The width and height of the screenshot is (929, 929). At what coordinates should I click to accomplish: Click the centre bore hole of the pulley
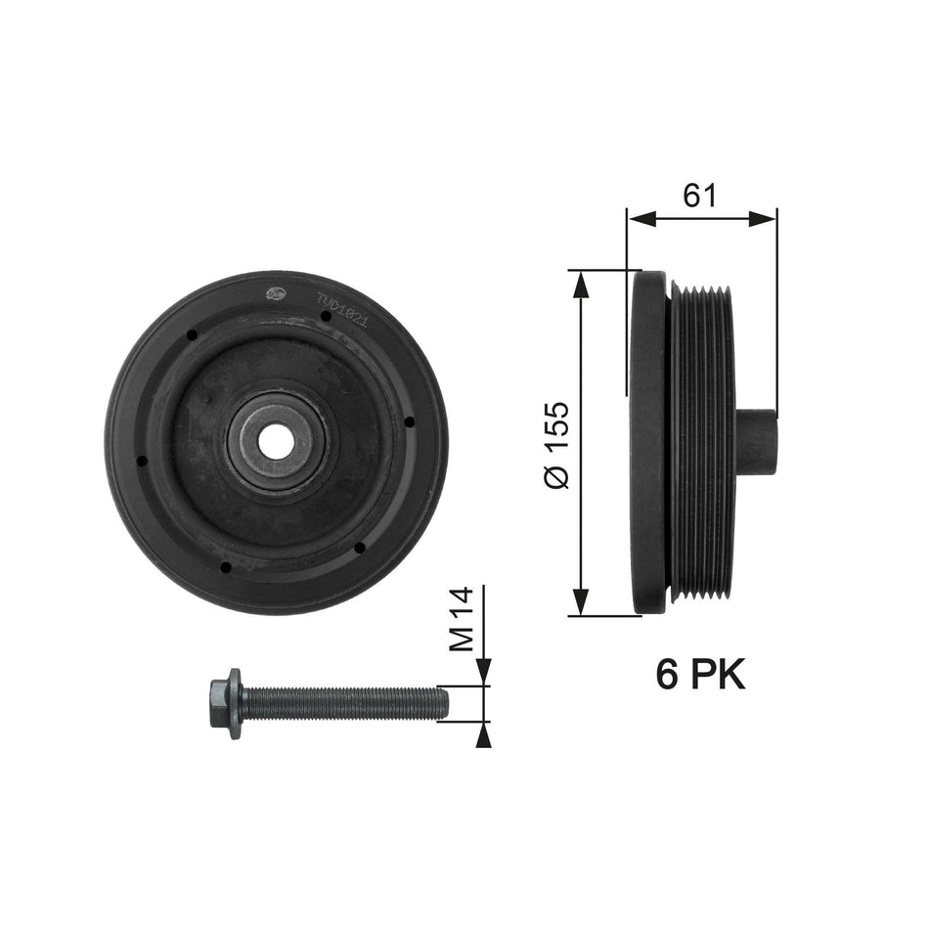coord(277,443)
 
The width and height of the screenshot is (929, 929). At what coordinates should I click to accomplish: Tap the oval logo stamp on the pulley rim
coord(277,292)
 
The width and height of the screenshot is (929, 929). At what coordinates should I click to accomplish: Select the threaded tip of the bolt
coord(440,701)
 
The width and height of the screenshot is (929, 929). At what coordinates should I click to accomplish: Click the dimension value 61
coord(700,196)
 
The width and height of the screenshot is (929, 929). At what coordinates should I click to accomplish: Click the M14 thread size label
coord(461,618)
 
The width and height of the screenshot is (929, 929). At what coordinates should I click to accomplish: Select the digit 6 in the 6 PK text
coord(668,674)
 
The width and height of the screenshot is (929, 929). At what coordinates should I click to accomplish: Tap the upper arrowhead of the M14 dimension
coord(482,672)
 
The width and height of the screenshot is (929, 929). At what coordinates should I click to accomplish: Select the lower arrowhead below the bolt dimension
coord(482,735)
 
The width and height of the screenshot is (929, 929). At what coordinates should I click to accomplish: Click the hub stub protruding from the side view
coord(755,442)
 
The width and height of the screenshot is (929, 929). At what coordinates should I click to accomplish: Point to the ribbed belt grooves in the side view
coord(701,442)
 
